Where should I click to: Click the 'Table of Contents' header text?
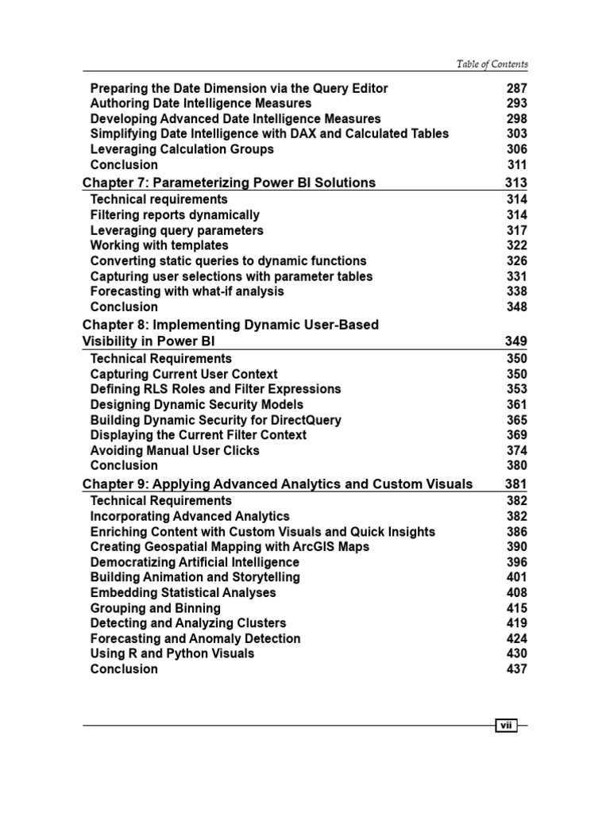coord(492,64)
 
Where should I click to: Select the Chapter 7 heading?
coord(229,183)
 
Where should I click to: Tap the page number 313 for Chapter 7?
coord(516,183)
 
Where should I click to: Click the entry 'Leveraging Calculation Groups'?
coord(182,149)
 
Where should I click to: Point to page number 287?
coord(516,88)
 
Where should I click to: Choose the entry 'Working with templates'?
coord(159,245)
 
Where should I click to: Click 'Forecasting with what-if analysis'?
coord(187,291)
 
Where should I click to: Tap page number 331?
coord(516,276)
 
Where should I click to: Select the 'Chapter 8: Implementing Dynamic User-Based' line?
coord(230,325)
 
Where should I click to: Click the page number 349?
coord(516,341)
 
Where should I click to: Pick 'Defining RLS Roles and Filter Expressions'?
coord(215,389)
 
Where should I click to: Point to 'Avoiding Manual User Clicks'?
coord(175,450)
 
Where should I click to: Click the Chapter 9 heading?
coord(277,484)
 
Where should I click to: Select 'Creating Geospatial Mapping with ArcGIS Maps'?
coord(230,547)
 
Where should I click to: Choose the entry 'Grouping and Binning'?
coord(156,608)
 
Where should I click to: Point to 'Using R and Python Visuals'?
coord(172,653)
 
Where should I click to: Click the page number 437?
coord(516,669)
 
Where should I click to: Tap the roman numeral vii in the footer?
coord(506,726)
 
